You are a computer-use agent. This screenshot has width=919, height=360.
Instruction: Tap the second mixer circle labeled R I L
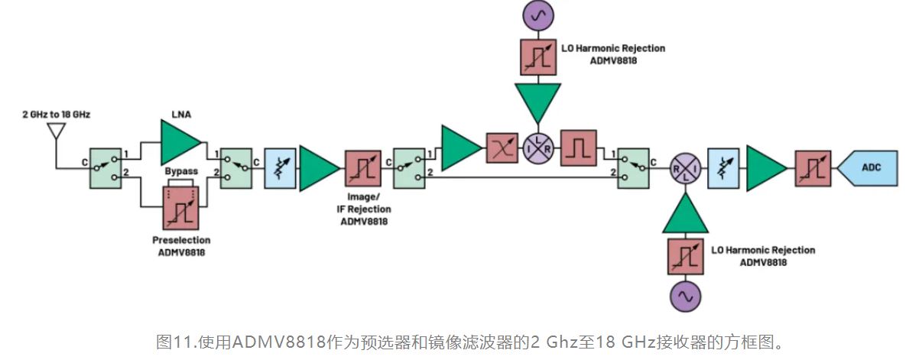685,169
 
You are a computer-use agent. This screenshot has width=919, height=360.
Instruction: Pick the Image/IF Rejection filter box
363,169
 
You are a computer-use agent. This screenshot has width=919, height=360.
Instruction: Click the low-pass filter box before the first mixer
501,148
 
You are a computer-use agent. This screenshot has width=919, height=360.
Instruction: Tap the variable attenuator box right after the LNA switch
279,169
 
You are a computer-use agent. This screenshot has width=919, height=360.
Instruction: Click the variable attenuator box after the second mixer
724,169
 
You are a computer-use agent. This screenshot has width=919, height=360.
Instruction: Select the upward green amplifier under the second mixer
686,214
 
